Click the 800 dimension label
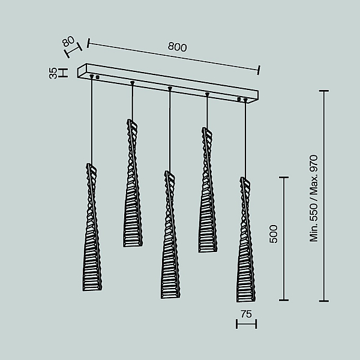pyautogui.click(x=177, y=47)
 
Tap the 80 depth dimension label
pyautogui.click(x=68, y=41)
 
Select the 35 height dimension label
pyautogui.click(x=53, y=73)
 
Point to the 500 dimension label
pyautogui.click(x=273, y=234)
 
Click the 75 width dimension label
pyautogui.click(x=247, y=314)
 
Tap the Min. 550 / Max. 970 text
pyautogui.click(x=313, y=199)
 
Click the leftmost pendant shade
pyautogui.click(x=92, y=227)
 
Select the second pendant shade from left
pyautogui.click(x=133, y=183)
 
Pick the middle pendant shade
pyautogui.click(x=170, y=235)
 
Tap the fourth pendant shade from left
pyautogui.click(x=208, y=190)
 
